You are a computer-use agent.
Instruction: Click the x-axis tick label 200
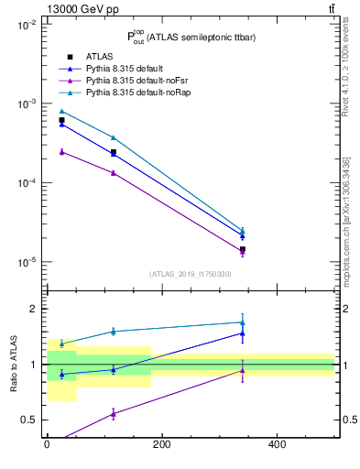161,445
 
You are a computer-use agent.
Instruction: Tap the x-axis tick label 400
277,445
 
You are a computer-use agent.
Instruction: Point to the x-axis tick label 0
47,445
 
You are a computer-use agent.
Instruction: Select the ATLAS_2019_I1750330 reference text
191,274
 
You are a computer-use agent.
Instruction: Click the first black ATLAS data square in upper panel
61,120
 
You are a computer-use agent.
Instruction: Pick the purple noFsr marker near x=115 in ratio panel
113,414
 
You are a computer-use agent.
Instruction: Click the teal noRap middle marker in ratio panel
113,332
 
